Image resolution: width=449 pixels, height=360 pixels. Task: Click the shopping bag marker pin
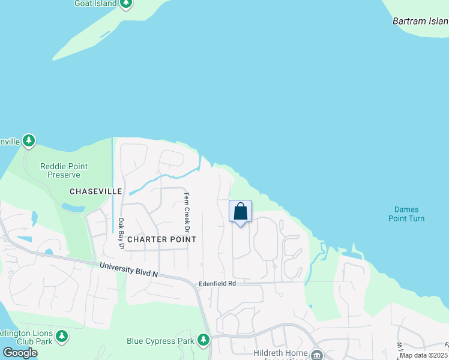(x=240, y=212)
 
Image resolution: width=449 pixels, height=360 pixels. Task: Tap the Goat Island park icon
(x=125, y=4)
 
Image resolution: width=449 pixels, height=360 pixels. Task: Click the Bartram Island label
(x=420, y=21)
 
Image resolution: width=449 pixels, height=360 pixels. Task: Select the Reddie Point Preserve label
(x=64, y=170)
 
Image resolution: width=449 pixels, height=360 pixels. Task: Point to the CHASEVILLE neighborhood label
(x=96, y=191)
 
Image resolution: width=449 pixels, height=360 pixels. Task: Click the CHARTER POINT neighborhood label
(x=161, y=239)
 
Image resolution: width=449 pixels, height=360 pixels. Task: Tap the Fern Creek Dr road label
(x=187, y=213)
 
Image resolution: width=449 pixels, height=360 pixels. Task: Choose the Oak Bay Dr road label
(x=121, y=233)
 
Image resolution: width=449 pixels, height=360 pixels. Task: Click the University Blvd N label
(x=128, y=269)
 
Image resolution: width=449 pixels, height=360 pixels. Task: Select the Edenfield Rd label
(x=217, y=283)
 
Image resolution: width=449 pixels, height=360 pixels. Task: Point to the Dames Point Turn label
(x=409, y=214)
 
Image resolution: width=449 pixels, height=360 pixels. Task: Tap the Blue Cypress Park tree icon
(x=204, y=341)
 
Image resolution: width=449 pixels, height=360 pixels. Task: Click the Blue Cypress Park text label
(x=160, y=341)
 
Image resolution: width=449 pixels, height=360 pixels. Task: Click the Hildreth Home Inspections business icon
(x=316, y=355)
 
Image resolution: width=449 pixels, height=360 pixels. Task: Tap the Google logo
(x=20, y=353)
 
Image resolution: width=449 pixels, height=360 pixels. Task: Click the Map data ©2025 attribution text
(x=423, y=355)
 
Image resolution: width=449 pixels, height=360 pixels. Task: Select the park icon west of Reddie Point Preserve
(x=29, y=142)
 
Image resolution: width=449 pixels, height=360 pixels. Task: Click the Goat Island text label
(x=95, y=4)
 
